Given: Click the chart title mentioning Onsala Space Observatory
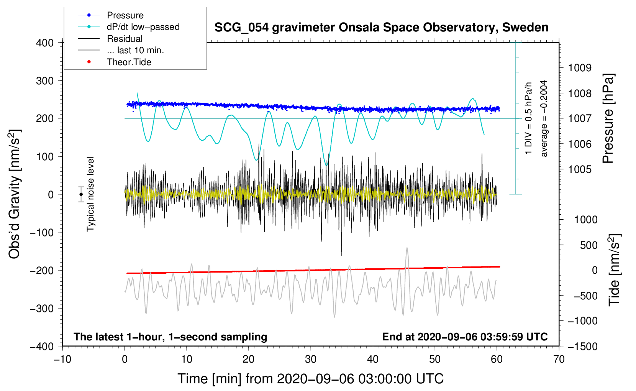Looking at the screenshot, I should click(381, 28).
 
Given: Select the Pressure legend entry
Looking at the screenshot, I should click(125, 15).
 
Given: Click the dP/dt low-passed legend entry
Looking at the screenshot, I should click(143, 27).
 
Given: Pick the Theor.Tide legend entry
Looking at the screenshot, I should click(129, 62).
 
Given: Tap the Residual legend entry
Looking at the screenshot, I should click(125, 39).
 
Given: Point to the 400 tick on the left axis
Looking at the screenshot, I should click(45, 43).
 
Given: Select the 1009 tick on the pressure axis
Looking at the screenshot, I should click(580, 68).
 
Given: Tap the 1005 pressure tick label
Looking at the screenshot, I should click(580, 169).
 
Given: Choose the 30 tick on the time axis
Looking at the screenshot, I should click(311, 359).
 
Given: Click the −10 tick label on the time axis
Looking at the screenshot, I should click(62, 359).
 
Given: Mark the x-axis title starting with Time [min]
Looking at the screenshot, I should click(311, 379).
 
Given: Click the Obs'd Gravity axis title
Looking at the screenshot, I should click(15, 194).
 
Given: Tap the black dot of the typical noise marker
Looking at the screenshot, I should click(81, 194).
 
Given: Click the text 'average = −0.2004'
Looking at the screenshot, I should click(544, 118).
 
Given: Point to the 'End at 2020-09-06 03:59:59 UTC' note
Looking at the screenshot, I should click(465, 337).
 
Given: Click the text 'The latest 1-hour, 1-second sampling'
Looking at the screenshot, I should click(170, 337).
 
